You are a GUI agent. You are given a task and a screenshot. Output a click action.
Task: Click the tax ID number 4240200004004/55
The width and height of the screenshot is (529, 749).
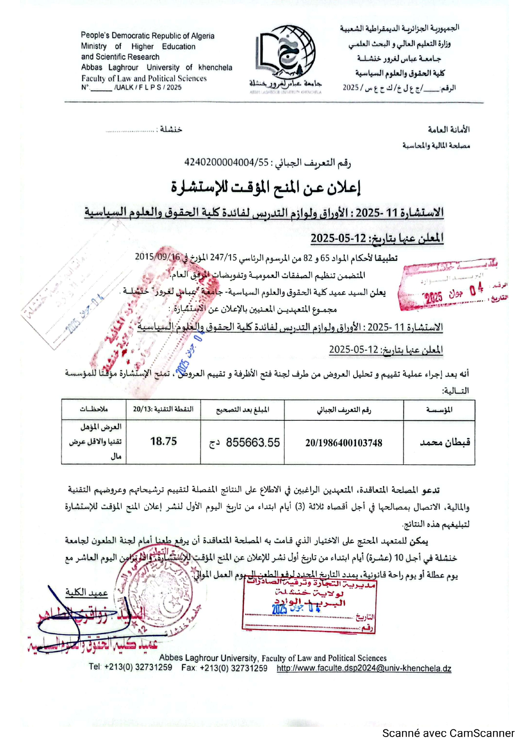pos(226,163)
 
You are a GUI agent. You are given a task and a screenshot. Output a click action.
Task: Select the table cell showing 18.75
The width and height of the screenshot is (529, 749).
pos(163,442)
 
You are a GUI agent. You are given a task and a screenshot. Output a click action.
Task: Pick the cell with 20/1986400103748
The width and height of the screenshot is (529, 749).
pos(343,443)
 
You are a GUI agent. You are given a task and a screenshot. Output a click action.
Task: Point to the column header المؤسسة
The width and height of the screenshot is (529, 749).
pos(439,410)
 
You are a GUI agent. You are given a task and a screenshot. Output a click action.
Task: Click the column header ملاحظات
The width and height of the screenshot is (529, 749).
pos(94,409)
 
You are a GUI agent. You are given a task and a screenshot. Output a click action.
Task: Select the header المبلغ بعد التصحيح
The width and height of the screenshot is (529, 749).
pos(242,410)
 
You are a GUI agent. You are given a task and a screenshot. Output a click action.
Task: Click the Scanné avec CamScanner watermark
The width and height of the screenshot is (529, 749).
pos(448,733)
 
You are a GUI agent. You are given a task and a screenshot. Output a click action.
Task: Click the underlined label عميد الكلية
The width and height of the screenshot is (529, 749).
pos(86,592)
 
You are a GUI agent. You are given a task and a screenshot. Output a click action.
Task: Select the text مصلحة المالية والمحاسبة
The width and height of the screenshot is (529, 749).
pos(436,146)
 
